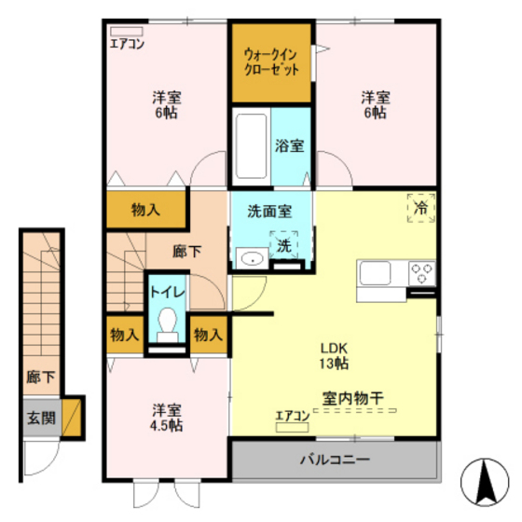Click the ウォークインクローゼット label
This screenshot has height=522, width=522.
272,62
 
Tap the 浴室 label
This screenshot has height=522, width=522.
287,145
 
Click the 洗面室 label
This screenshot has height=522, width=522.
268,212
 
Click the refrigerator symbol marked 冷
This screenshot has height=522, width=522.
420,208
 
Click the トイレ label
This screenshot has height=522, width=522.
168,293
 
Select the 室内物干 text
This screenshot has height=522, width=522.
354,397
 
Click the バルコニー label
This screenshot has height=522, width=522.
335,460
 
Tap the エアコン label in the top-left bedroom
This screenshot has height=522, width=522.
126,43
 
